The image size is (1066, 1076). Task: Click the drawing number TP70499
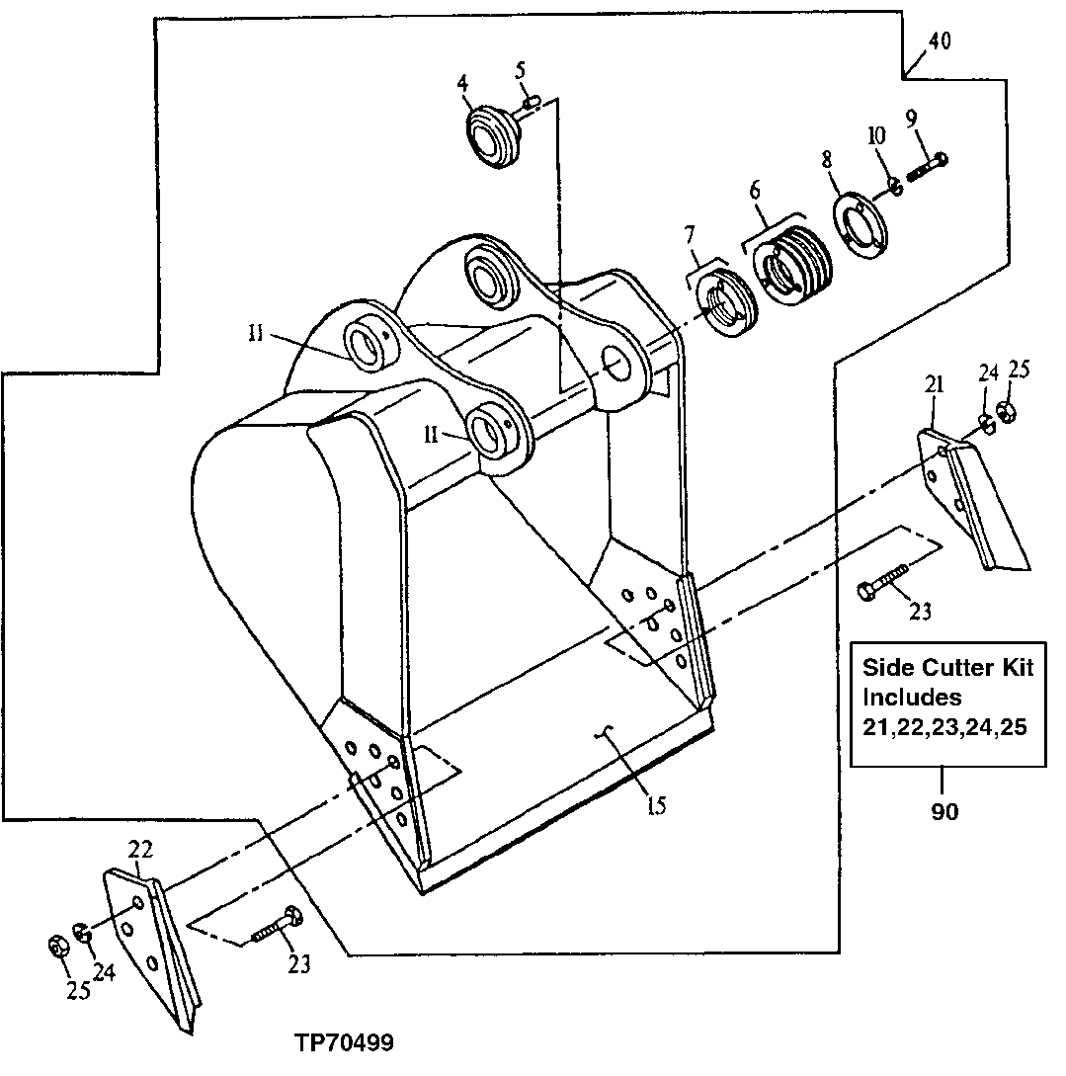pos(343,1043)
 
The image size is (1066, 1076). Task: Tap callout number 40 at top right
pos(940,41)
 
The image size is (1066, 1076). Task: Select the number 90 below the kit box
pos(943,813)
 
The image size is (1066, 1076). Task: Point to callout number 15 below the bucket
pos(656,805)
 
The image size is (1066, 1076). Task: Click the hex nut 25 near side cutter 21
pos(1006,412)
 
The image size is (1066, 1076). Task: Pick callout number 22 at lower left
pos(140,848)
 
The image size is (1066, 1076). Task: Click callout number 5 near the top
pos(521,69)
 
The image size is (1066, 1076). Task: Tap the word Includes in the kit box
pos(912,697)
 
